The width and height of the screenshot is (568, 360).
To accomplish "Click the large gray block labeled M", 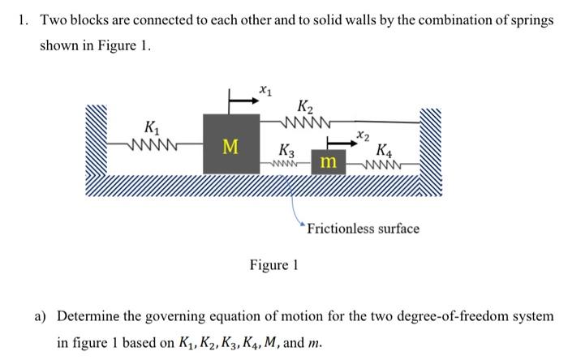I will pos(230,144).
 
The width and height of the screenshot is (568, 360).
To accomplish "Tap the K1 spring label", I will pos(152,127).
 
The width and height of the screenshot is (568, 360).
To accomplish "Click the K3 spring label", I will pos(286,149).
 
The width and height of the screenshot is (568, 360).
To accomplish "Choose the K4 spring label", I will pos(385,149).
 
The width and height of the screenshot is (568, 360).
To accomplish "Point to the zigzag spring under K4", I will pos(381,165).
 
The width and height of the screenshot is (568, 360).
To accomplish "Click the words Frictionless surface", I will pos(363,229).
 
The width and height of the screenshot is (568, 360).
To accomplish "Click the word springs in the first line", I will pos(531,19).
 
